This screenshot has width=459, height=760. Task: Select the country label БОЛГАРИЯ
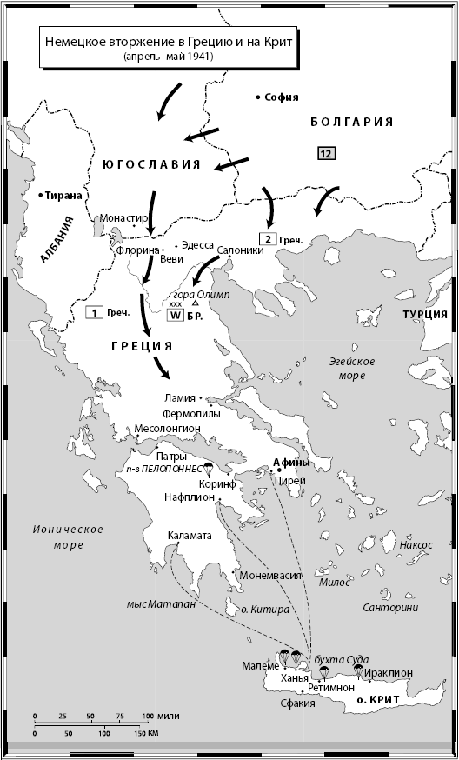[x=352, y=122]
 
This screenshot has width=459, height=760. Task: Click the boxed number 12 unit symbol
[x=326, y=154]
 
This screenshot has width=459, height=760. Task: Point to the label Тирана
[x=63, y=195]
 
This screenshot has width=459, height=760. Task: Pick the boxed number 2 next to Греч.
[x=270, y=239]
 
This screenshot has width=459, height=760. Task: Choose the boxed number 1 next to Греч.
[x=93, y=311]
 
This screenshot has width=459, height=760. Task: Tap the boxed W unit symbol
[x=175, y=317]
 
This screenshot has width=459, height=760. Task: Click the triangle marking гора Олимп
[x=196, y=303]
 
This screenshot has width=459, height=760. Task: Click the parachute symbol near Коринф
[x=208, y=468]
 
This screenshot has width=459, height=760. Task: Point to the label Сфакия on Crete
[x=292, y=703]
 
